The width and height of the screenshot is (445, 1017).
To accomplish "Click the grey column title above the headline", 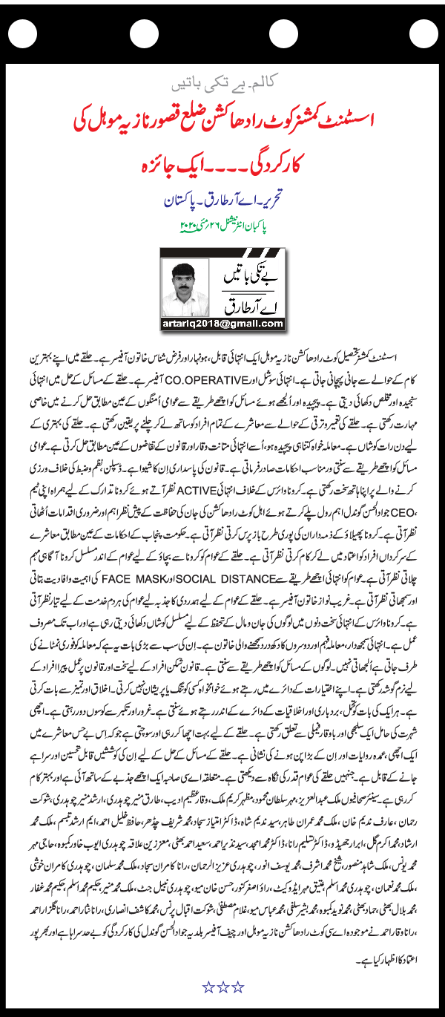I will (x=222, y=79).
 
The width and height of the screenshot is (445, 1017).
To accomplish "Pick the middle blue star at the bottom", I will (x=222, y=986).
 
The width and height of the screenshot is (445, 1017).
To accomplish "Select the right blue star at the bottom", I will (x=237, y=986).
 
